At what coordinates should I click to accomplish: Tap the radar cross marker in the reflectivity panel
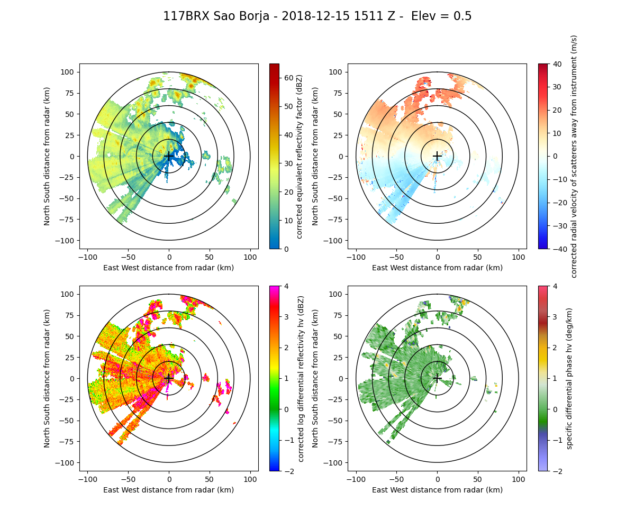(169, 156)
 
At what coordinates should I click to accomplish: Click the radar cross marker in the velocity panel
(437, 156)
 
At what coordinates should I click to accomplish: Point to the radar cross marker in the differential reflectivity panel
(169, 378)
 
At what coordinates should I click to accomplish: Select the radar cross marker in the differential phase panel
(437, 378)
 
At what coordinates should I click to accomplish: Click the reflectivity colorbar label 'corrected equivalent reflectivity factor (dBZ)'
(300, 156)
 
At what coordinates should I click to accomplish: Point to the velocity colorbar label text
(574, 156)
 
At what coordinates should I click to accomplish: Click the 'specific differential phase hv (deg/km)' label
(569, 378)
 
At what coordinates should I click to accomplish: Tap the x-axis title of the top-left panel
(169, 268)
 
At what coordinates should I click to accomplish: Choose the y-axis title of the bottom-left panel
(47, 378)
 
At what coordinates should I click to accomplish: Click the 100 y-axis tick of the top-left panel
(69, 72)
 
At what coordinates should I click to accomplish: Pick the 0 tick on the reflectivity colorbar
(284, 249)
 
